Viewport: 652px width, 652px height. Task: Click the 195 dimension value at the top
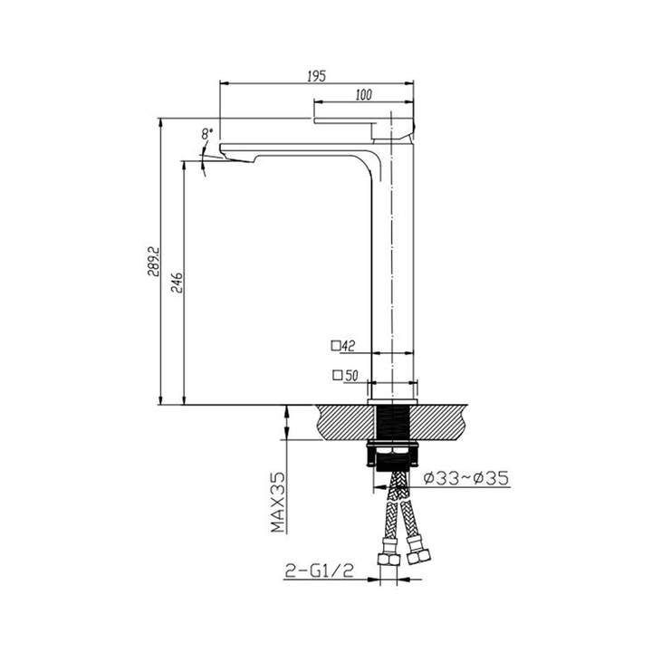click(316, 76)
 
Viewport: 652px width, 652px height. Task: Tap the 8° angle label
click(208, 133)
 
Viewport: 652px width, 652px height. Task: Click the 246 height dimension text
click(177, 284)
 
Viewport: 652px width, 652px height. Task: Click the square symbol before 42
click(335, 345)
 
